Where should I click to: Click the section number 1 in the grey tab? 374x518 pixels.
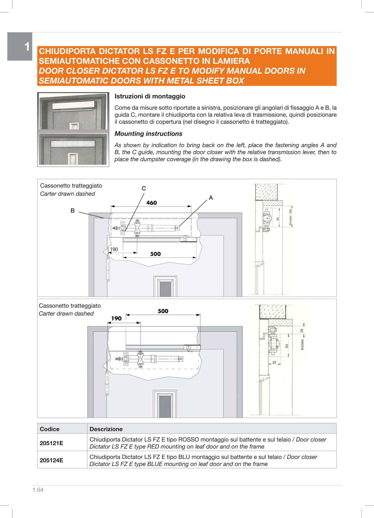click(27, 47)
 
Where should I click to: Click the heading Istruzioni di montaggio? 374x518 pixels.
click(150, 96)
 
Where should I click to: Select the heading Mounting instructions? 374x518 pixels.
click(148, 134)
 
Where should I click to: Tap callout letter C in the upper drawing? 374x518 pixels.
click(144, 188)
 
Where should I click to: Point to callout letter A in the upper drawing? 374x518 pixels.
click(211, 198)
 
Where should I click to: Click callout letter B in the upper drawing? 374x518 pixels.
click(73, 211)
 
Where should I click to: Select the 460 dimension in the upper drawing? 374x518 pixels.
click(152, 203)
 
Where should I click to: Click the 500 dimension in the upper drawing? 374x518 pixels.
click(155, 254)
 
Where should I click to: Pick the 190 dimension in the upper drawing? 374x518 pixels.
click(114, 249)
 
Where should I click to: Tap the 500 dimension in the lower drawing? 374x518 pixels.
click(163, 311)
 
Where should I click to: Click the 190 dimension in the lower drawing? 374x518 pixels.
click(116, 319)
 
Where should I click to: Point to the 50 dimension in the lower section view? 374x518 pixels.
click(274, 362)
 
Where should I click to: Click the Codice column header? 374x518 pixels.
click(50, 429)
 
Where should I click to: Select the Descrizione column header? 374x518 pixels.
click(106, 429)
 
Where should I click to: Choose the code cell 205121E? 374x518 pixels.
click(52, 443)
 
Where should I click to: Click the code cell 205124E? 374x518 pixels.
click(52, 460)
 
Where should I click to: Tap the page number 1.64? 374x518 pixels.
click(38, 490)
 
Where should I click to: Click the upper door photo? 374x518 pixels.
click(73, 112)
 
